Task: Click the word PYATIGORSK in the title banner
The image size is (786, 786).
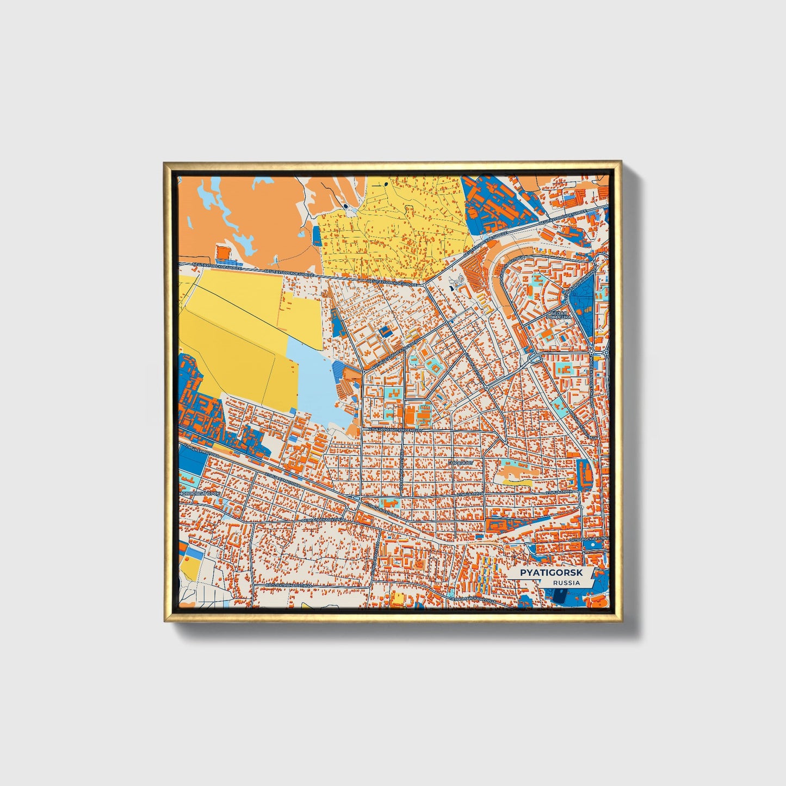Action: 551,573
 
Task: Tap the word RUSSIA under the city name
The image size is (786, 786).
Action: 566,583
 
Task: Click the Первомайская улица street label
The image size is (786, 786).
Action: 472,599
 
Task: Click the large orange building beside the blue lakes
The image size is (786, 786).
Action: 222,253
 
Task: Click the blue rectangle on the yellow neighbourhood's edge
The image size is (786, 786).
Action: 317,235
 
